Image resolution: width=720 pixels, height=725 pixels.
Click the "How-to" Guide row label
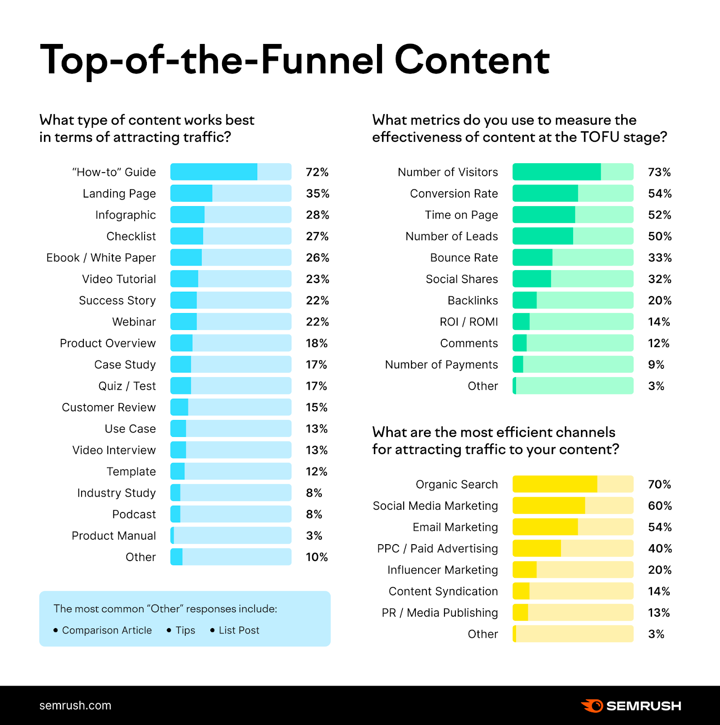pyautogui.click(x=114, y=172)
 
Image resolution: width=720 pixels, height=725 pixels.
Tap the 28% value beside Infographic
pyautogui.click(x=317, y=215)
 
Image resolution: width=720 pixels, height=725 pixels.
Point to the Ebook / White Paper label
pyautogui.click(x=101, y=258)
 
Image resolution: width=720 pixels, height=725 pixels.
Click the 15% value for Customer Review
pyautogui.click(x=316, y=407)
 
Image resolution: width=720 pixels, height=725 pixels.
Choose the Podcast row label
pyautogui.click(x=134, y=514)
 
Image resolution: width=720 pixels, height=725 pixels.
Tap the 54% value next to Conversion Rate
pyautogui.click(x=660, y=193)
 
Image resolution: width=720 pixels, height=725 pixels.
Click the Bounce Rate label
pyautogui.click(x=464, y=258)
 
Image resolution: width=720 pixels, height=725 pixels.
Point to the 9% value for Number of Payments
pyautogui.click(x=656, y=365)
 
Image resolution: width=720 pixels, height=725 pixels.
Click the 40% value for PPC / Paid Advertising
pyautogui.click(x=660, y=549)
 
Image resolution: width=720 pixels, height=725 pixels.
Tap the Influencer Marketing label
pyautogui.click(x=442, y=570)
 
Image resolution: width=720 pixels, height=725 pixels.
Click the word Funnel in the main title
pyautogui.click(x=322, y=60)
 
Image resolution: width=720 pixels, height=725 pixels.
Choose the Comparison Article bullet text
pyautogui.click(x=106, y=630)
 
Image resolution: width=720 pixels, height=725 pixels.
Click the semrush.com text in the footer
pyautogui.click(x=75, y=706)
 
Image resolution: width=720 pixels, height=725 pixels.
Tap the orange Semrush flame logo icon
pyautogui.click(x=592, y=706)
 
